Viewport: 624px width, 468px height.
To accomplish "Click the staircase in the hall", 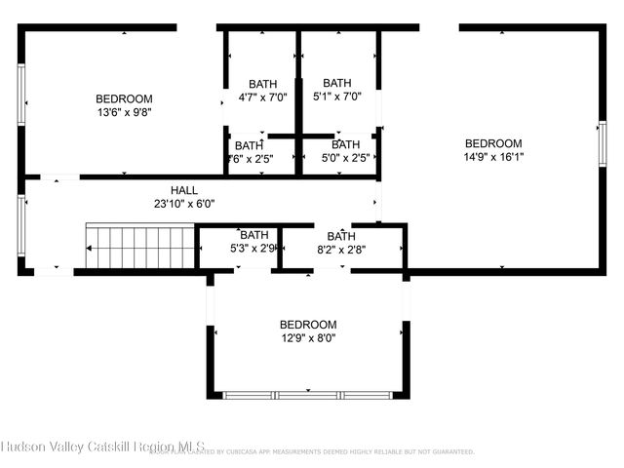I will (140, 248).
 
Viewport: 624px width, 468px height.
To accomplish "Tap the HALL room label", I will (184, 190).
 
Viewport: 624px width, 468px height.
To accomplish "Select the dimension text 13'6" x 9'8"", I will (124, 112).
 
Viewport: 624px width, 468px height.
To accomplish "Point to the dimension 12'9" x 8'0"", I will (308, 338).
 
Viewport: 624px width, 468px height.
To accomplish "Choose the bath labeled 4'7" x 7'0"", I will (263, 97).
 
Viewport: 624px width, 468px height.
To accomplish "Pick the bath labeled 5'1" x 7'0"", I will (337, 97).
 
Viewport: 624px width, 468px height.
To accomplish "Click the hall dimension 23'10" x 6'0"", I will (184, 204).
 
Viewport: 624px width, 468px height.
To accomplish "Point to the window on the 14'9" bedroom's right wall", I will (602, 141).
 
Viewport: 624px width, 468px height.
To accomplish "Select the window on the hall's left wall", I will (21, 224).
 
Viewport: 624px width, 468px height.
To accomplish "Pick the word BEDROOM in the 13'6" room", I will (124, 98).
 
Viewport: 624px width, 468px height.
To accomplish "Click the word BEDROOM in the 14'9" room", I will (493, 142).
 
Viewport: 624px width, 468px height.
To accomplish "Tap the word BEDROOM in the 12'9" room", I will (308, 325).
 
